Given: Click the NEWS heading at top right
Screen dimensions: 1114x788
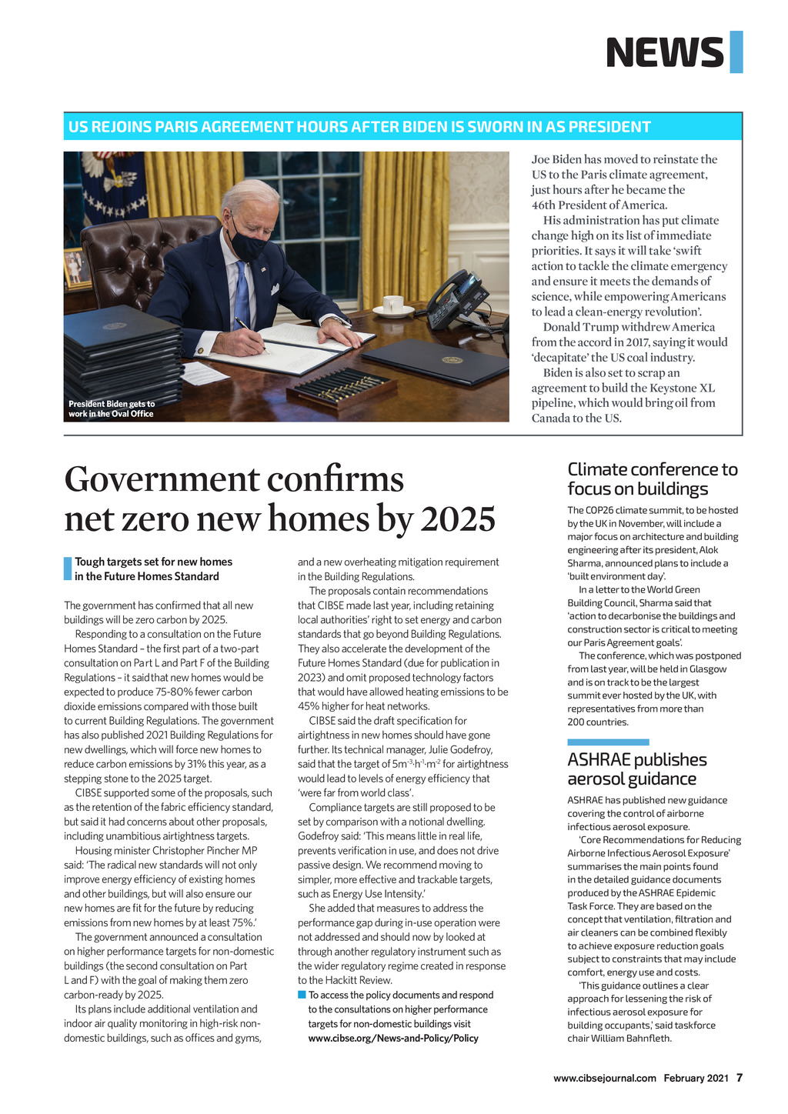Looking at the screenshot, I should click(665, 52).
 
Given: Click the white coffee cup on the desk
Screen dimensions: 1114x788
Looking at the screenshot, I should click(393, 305).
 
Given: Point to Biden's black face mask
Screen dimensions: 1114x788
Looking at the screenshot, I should click(248, 245).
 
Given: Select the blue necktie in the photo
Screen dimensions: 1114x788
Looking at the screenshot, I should click(242, 295).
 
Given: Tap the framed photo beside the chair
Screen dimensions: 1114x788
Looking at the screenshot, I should click(75, 268).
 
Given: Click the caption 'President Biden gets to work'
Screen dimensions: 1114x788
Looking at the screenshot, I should click(112, 409).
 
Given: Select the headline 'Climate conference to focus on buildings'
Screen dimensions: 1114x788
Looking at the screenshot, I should click(653, 479).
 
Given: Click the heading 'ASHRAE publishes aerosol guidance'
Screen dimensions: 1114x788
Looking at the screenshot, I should click(637, 769).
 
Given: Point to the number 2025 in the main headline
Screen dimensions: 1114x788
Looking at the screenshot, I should click(457, 518).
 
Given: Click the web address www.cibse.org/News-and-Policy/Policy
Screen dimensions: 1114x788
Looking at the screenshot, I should click(393, 1038).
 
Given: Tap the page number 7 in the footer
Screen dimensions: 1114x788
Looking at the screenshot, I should click(740, 1078).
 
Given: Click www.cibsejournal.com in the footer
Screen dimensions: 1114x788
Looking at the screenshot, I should click(605, 1078).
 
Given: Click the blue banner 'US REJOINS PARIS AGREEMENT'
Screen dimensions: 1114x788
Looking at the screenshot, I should click(359, 127).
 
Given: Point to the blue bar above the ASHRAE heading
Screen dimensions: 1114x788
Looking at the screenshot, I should click(608, 742).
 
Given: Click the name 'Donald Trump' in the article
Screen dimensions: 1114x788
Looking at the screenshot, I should click(568, 327).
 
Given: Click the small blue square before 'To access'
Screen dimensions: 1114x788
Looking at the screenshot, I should click(302, 996).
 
